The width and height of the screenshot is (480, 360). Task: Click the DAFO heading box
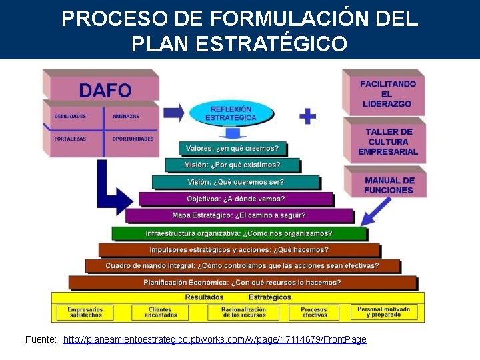tap(105, 89)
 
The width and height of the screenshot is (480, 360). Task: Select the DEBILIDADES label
tap(70, 117)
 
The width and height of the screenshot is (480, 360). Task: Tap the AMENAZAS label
tap(126, 117)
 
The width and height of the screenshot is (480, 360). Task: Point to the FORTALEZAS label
tap(70, 139)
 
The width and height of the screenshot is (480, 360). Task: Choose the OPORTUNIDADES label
tap(133, 139)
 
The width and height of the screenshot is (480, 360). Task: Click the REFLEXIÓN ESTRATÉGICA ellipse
tap(231, 113)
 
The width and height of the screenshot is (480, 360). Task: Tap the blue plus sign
tap(307, 116)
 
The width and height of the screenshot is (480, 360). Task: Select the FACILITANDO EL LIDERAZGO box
tap(387, 94)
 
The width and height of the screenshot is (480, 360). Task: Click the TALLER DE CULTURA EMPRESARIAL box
tap(387, 142)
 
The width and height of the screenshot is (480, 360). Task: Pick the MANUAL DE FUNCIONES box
tap(389, 185)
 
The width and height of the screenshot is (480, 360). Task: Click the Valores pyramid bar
tap(232, 148)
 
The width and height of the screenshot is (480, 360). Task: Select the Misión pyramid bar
tap(232, 165)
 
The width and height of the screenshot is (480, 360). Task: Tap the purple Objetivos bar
tap(235, 199)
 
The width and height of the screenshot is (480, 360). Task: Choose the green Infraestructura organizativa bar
tap(239, 233)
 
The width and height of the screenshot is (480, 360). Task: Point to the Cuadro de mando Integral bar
tap(242, 265)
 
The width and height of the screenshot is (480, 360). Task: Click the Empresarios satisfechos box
tap(85, 312)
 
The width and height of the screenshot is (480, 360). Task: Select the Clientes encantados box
tap(159, 312)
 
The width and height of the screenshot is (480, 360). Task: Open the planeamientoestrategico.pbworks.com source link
tap(215, 340)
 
